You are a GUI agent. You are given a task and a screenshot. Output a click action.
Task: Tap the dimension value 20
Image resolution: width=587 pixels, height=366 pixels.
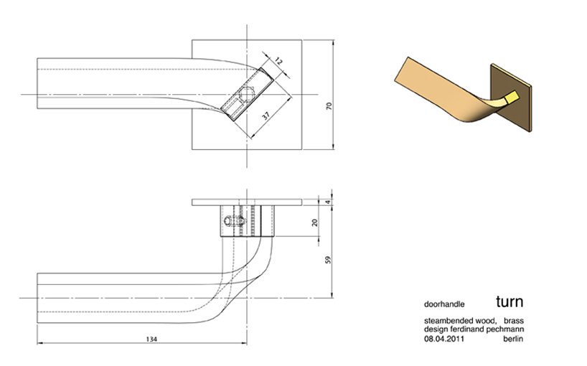tap(314, 222)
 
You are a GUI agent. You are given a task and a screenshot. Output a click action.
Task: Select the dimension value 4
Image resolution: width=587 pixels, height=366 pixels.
tap(329, 202)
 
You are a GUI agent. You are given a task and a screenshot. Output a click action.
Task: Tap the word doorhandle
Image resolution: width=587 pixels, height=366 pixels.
tap(443, 304)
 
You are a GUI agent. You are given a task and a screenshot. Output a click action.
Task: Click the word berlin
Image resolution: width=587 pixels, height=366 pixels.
tap(511, 338)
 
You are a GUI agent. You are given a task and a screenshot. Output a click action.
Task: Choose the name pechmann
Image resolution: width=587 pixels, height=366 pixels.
tap(504, 329)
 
